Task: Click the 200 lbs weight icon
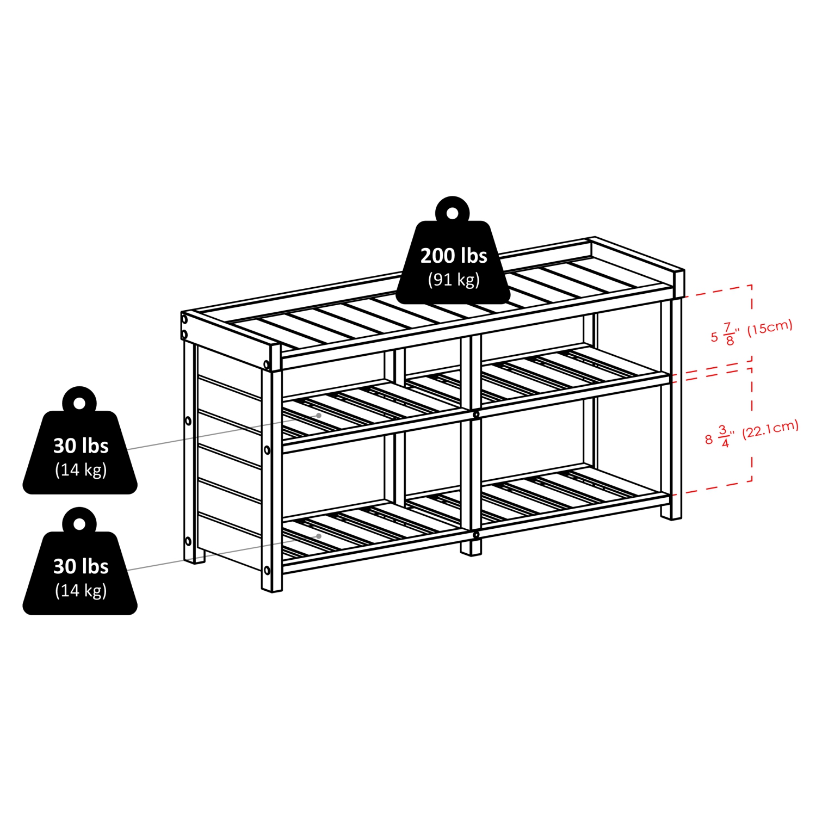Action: click(x=453, y=261)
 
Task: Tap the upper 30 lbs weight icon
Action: click(x=80, y=452)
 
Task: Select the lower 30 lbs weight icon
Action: click(x=80, y=572)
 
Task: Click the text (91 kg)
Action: click(x=454, y=280)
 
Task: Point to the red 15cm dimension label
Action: click(x=770, y=327)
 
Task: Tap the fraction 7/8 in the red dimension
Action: click(x=728, y=333)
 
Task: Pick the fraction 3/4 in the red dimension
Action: click(x=724, y=436)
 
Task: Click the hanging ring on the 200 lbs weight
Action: click(x=452, y=213)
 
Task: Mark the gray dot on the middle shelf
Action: click(x=319, y=416)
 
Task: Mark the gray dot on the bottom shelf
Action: click(x=319, y=536)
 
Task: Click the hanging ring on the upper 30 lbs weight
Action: click(x=79, y=403)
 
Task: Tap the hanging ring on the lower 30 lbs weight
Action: click(x=79, y=524)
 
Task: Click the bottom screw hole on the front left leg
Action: click(x=267, y=570)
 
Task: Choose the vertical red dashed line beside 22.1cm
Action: click(x=752, y=424)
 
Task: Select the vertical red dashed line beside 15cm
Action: click(x=752, y=321)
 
